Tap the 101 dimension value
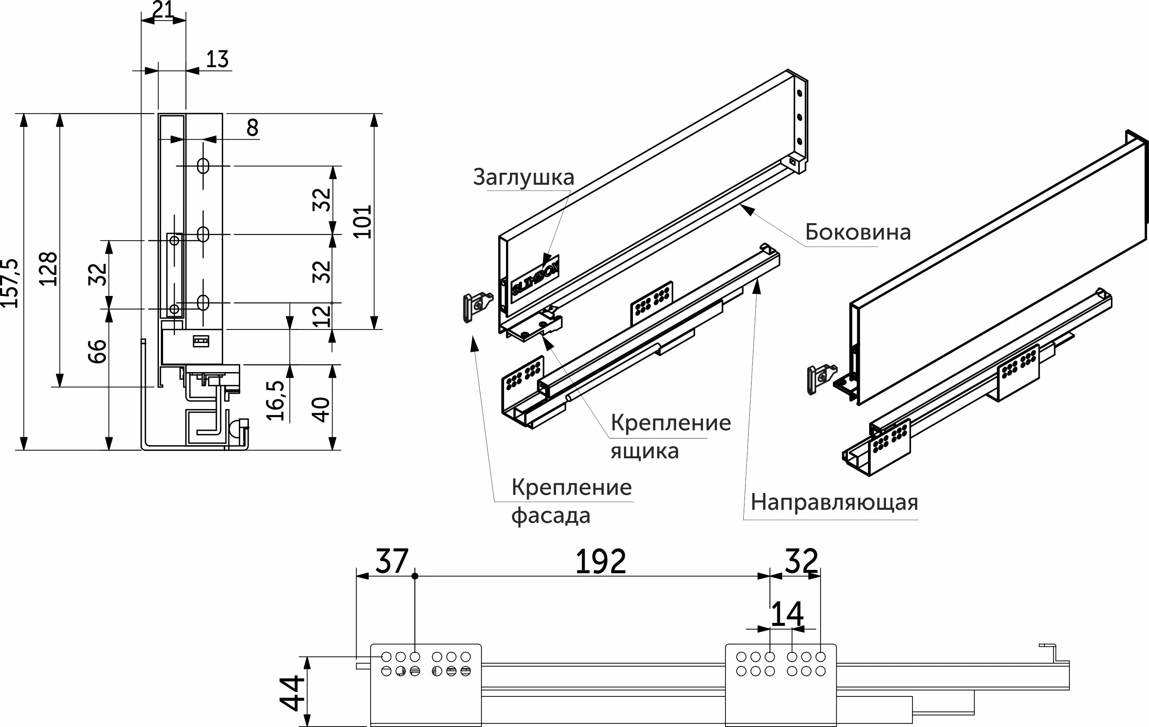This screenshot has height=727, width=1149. tap(363, 221)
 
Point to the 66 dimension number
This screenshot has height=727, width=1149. tap(97, 351)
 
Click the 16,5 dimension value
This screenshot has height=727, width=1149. tap(276, 400)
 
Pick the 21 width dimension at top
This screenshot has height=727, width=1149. tap(163, 10)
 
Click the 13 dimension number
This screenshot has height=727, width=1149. tap(217, 59)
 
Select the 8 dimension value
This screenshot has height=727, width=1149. tap(252, 128)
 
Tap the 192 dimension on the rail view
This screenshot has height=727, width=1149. tap(600, 561)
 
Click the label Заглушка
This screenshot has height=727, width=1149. tap(524, 177)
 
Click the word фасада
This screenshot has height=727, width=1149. tap(551, 515)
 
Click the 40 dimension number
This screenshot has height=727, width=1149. tap(321, 409)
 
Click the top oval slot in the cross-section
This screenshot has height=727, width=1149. tap(203, 166)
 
